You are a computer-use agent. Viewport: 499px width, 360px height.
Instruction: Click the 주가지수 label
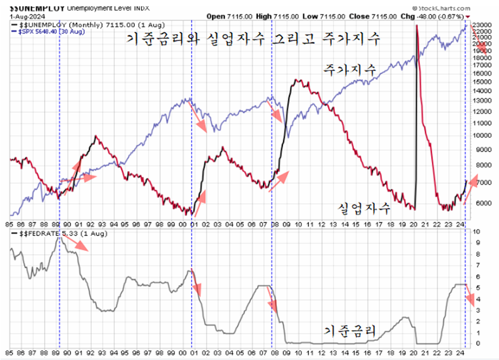click(x=348, y=69)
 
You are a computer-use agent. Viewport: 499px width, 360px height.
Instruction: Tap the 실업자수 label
click(x=363, y=209)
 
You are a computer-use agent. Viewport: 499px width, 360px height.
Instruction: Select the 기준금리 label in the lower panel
click(x=350, y=330)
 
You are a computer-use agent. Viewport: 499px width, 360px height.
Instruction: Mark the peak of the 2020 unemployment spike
click(x=416, y=26)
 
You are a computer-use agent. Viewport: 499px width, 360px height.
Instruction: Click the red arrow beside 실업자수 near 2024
click(x=472, y=190)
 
